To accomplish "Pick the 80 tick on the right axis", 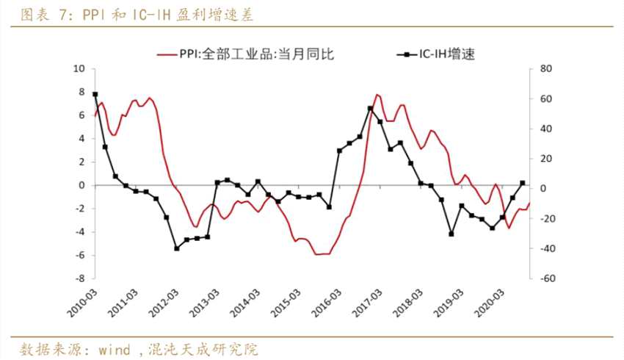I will coord(546,68).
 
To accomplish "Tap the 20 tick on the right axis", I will coord(546,159).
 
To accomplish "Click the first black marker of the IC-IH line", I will coord(95,95).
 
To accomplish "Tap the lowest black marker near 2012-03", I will coord(177,248).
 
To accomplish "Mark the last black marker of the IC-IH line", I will coord(522,183).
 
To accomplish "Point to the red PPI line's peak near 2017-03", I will coord(377,95).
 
